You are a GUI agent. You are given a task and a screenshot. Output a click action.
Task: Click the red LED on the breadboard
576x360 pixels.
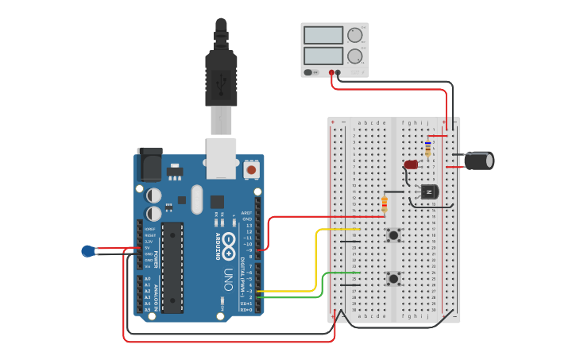[x=410, y=165]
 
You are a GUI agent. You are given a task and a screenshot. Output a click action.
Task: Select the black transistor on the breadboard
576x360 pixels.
[x=429, y=192]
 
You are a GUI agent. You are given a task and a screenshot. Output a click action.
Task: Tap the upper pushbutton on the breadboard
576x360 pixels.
[x=393, y=234]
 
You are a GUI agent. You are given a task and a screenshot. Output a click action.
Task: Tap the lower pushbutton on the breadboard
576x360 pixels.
[x=393, y=278]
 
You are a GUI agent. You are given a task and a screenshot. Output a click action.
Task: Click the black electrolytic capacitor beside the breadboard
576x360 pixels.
[x=479, y=161]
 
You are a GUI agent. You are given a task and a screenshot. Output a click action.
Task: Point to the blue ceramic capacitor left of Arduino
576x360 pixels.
[x=89, y=251]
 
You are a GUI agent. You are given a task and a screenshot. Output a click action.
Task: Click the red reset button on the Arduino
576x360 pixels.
[x=251, y=169]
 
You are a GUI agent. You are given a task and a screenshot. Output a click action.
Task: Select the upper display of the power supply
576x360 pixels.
[x=323, y=35]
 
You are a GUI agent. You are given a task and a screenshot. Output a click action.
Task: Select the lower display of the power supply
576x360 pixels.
[x=323, y=56]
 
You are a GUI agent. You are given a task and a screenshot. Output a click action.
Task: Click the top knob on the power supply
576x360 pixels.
[x=354, y=35]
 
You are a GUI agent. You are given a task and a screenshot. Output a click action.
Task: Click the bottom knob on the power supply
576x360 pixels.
[x=354, y=56]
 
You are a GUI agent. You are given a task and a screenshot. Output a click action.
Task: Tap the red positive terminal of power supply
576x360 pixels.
[x=331, y=72]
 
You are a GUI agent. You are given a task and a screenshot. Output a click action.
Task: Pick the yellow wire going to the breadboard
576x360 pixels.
[x=318, y=254]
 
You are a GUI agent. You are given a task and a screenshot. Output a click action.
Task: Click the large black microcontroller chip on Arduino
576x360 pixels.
[x=172, y=267]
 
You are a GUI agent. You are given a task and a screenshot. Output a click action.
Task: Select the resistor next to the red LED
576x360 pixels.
[x=428, y=149]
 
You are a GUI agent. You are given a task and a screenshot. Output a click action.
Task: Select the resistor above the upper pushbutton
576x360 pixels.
[x=385, y=204]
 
